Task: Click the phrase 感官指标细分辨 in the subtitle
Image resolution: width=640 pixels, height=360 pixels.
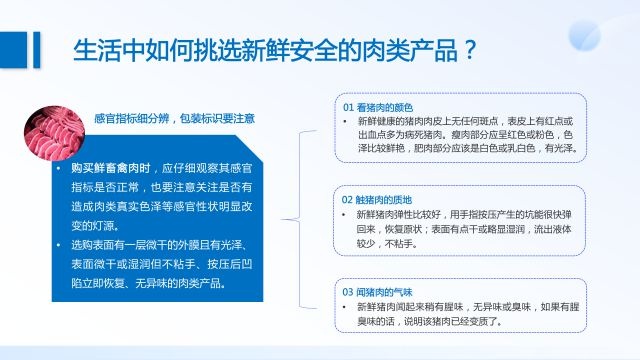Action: [x=129, y=117]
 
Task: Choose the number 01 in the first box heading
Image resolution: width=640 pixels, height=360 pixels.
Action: [x=349, y=107]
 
